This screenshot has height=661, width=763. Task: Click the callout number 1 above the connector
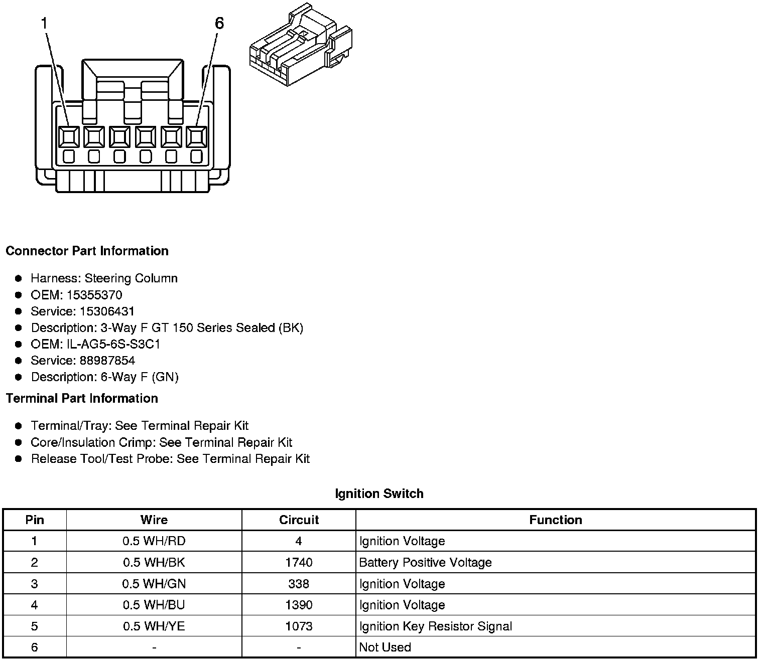tap(45, 24)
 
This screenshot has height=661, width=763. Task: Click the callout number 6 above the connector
tap(219, 24)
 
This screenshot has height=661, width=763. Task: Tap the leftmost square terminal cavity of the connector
tap(69, 136)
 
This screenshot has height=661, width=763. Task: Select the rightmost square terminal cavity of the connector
tap(196, 136)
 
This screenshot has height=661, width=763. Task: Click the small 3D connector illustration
tap(300, 45)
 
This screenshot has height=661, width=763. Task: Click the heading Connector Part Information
tap(87, 251)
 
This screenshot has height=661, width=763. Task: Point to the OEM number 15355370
tap(94, 295)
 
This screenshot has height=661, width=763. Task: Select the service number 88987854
tap(107, 361)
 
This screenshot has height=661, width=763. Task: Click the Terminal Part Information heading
tap(82, 398)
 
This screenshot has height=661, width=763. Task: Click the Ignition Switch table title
tap(379, 493)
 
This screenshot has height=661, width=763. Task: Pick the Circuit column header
tap(299, 520)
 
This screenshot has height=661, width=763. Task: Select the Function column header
tap(555, 520)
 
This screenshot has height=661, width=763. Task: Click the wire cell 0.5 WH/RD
tap(154, 542)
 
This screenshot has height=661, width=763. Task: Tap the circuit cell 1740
tap(299, 563)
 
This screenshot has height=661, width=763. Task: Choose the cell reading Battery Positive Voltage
tap(425, 563)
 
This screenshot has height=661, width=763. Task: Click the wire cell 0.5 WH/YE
tap(154, 626)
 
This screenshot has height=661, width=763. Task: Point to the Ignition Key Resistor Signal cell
tap(435, 626)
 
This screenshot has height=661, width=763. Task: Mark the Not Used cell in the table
tap(385, 647)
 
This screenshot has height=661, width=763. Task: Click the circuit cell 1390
tap(299, 605)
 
